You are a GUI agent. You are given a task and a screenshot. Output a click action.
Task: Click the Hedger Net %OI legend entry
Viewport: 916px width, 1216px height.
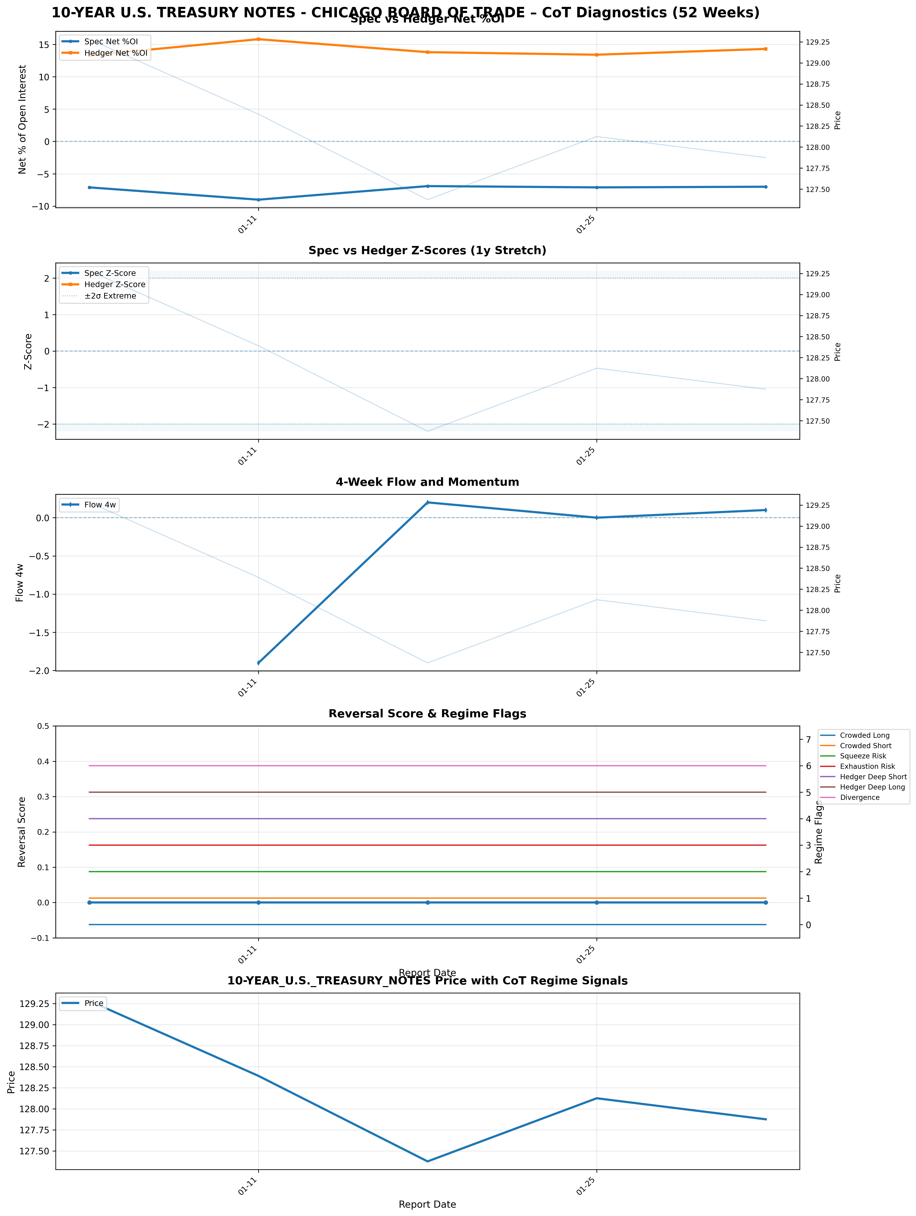pos(115,53)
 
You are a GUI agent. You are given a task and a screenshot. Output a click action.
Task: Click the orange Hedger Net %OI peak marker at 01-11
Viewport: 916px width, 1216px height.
pos(258,39)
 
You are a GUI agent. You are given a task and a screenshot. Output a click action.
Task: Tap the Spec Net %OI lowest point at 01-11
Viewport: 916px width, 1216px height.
pos(258,200)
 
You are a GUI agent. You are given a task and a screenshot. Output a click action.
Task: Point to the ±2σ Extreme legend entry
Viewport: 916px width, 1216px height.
pos(110,296)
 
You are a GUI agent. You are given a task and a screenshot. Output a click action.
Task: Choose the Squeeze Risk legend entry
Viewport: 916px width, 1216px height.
pos(863,756)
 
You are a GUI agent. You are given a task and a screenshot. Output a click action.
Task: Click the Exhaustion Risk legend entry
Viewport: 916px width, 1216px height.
pos(867,766)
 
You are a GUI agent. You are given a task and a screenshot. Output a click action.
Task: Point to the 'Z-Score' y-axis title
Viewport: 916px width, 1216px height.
pos(29,351)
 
